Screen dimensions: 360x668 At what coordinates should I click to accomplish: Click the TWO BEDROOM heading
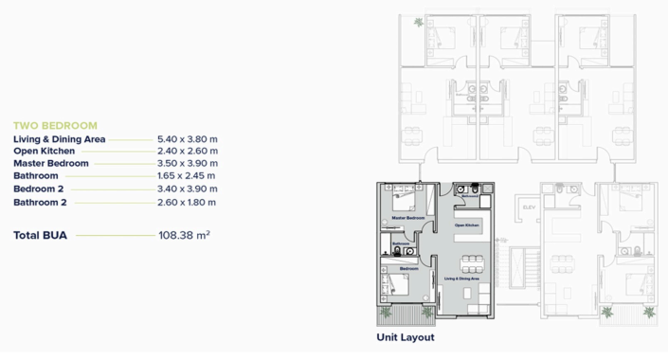(x=55, y=125)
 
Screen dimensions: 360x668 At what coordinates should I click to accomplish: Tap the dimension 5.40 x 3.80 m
(x=188, y=138)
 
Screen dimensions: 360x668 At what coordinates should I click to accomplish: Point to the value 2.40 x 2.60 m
(x=188, y=151)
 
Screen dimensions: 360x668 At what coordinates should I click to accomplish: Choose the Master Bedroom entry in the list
(x=51, y=163)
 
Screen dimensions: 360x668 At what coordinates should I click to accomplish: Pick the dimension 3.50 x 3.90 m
(x=188, y=163)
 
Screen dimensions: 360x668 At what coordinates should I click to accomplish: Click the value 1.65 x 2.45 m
(x=188, y=175)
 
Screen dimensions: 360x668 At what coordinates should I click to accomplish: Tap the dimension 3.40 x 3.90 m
(x=188, y=189)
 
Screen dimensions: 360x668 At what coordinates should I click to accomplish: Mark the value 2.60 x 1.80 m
(x=188, y=202)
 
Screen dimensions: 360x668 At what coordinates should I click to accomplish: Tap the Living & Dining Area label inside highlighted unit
(x=461, y=279)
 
